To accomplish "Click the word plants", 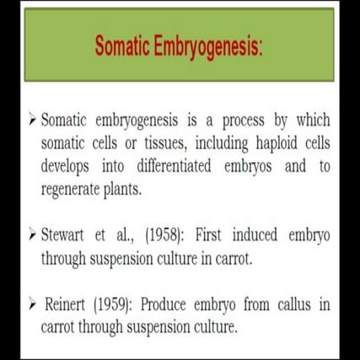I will tap(138, 189).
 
